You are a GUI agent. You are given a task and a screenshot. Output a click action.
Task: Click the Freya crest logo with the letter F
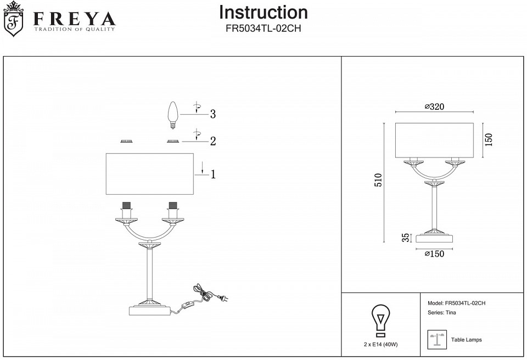pyautogui.click(x=14, y=20)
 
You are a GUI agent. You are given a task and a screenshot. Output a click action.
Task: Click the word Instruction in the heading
pyautogui.click(x=263, y=13)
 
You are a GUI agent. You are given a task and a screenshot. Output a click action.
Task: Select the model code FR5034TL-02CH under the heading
pyautogui.click(x=263, y=29)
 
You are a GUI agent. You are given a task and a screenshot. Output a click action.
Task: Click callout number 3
pyautogui.click(x=212, y=115)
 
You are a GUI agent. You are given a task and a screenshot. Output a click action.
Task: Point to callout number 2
pyautogui.click(x=212, y=142)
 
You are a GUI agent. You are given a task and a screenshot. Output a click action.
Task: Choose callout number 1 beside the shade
pyautogui.click(x=212, y=175)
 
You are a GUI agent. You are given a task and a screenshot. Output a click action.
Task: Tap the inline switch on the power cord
pyautogui.click(x=190, y=303)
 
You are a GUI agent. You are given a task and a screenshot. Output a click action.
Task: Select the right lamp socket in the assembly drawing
pyautogui.click(x=173, y=210)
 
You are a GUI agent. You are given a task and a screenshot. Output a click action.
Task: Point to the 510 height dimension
pyautogui.click(x=378, y=182)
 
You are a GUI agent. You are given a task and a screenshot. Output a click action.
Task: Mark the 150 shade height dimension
pyautogui.click(x=489, y=139)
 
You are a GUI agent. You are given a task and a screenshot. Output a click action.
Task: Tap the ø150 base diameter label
pyautogui.click(x=434, y=254)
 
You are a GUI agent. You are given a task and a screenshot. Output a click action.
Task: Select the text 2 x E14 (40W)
pyautogui.click(x=380, y=345)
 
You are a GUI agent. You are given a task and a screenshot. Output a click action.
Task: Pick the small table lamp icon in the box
pyautogui.click(x=436, y=340)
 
